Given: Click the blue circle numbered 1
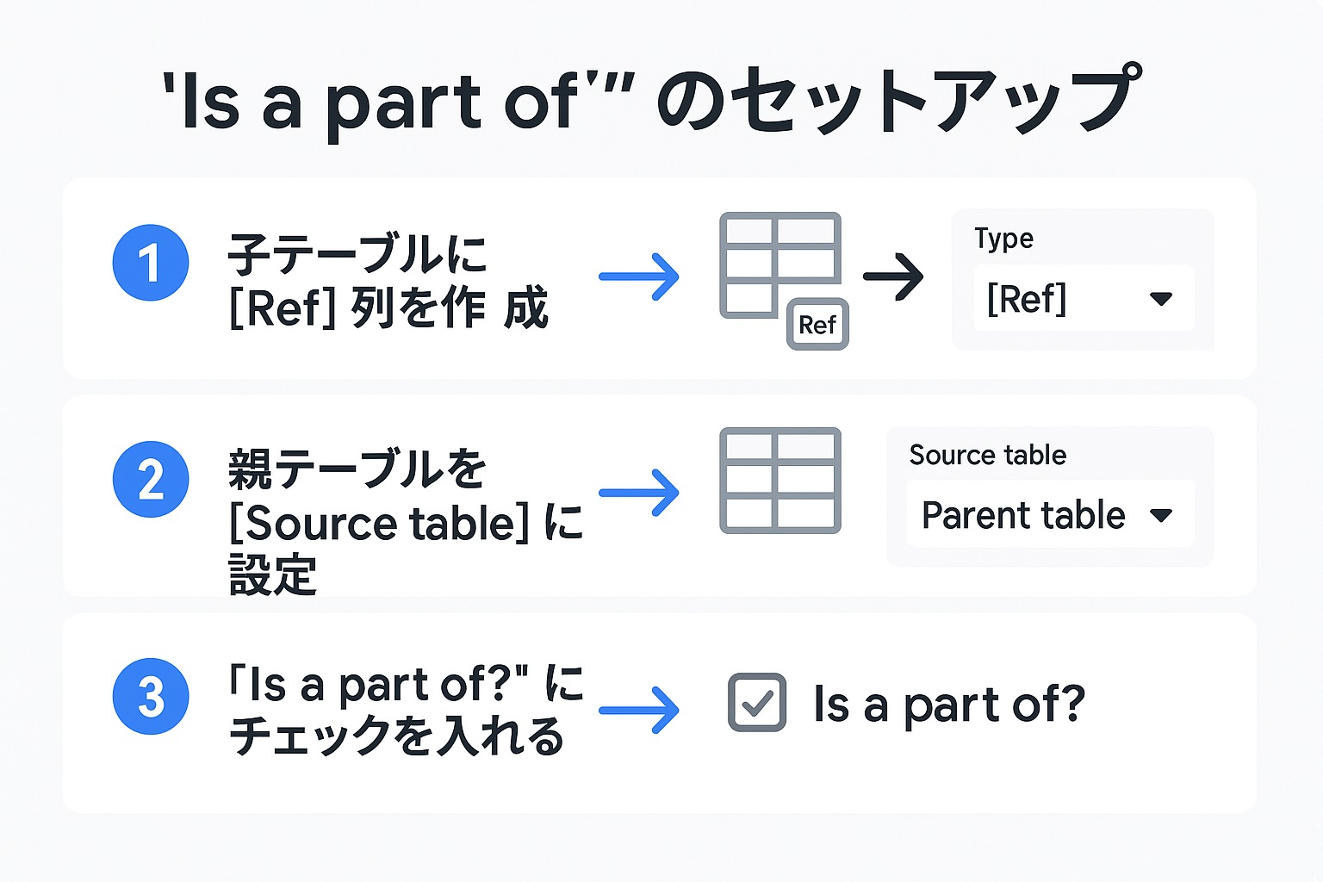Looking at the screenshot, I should click(151, 263).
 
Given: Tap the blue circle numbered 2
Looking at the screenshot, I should click(151, 479).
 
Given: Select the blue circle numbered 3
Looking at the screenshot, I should click(151, 696).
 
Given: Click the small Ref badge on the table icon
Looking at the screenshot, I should click(817, 324).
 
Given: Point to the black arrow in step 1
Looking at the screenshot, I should click(893, 276).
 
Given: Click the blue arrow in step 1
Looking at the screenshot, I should click(639, 276).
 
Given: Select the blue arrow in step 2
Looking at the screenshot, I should click(639, 493).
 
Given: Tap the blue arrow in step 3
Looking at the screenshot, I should click(639, 710).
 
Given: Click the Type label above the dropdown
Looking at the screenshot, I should click(1003, 239).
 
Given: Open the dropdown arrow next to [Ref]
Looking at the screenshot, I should click(1161, 299).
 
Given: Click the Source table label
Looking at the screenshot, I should click(988, 455).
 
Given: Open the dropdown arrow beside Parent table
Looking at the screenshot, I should click(1161, 515).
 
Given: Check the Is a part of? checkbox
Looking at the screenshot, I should click(757, 703).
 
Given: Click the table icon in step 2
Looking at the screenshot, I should click(780, 481).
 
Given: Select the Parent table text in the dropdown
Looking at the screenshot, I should click(1023, 515).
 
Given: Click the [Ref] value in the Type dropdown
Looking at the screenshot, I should click(1027, 299).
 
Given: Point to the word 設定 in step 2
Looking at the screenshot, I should click(272, 575).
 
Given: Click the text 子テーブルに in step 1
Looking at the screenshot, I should click(357, 254).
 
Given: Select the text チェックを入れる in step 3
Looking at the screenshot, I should click(396, 737).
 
